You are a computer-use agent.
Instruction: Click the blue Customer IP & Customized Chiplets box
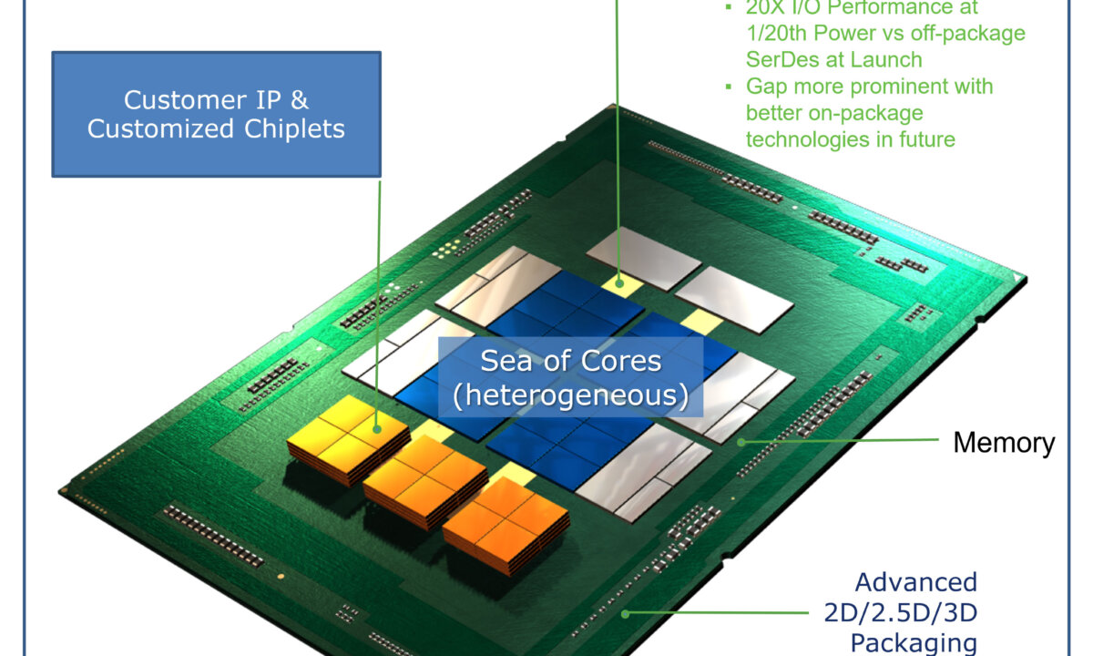tap(216, 114)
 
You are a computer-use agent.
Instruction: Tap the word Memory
tap(1004, 443)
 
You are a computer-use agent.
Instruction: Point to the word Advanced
tap(915, 582)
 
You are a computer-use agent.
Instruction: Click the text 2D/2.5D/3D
tap(893, 612)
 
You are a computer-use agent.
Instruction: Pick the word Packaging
tap(913, 642)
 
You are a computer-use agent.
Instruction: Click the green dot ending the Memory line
tap(741, 442)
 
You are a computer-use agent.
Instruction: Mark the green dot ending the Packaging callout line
tap(624, 612)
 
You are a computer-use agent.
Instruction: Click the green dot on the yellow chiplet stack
tap(375, 426)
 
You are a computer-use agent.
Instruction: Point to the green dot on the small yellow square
tap(620, 282)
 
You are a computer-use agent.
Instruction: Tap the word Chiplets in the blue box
tap(293, 128)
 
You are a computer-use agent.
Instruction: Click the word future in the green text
tap(924, 139)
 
